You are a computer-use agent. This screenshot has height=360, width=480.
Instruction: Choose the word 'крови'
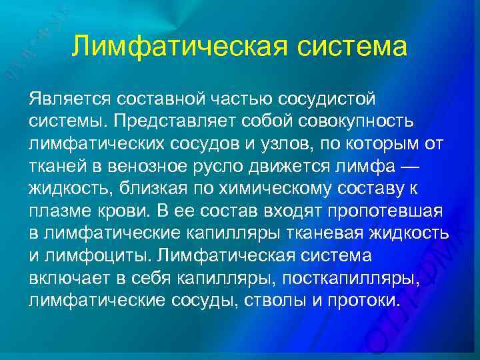(x=129, y=211)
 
